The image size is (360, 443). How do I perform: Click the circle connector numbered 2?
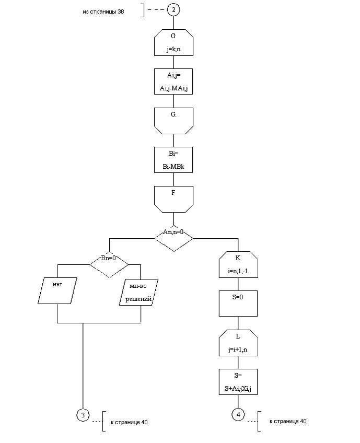point(173,10)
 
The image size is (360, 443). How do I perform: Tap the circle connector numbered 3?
point(83,415)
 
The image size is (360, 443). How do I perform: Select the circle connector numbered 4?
point(238,415)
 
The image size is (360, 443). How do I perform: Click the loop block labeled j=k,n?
point(173,43)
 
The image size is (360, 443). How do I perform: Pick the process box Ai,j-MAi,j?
point(173,82)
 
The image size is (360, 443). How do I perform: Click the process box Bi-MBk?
point(173,160)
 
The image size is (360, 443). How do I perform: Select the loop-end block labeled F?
point(173,199)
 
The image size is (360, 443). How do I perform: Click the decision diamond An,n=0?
point(173,238)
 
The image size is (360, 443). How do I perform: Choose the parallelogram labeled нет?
point(58,290)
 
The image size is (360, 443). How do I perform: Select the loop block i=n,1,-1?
point(238,264)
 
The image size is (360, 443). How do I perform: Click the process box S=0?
point(238,303)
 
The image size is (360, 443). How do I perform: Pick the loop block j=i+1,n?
point(238,342)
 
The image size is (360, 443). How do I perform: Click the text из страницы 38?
point(103,11)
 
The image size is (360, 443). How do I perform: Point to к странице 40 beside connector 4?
point(288,422)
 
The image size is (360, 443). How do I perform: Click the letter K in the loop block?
point(238,258)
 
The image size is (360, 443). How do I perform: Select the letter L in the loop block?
point(238,336)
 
